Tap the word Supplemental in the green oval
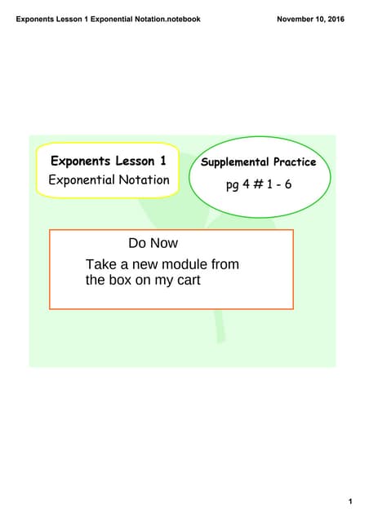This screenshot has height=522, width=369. click(235, 162)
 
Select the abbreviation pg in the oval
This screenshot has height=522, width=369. click(233, 185)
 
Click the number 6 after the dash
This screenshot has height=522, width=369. click(287, 184)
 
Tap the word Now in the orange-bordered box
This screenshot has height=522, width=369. click(163, 243)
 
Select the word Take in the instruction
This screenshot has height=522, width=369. click(100, 264)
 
